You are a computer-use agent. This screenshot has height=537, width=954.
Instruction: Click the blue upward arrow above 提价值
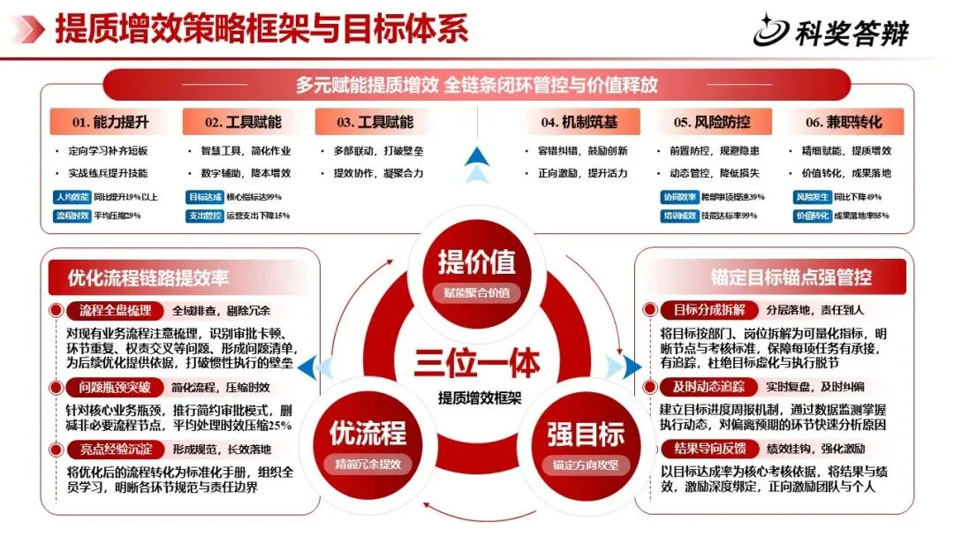[x=477, y=156]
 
